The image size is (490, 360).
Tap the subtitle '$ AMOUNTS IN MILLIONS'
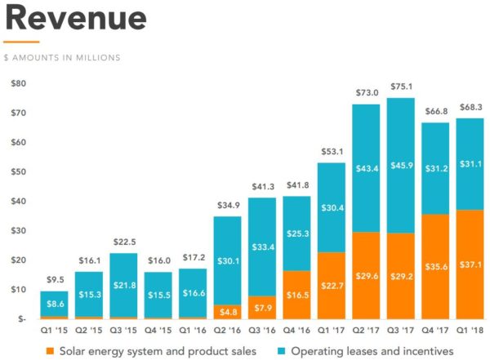(62, 57)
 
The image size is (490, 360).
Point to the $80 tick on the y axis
(18, 83)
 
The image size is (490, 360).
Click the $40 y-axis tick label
(18, 201)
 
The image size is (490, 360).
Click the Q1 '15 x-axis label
(55, 331)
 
